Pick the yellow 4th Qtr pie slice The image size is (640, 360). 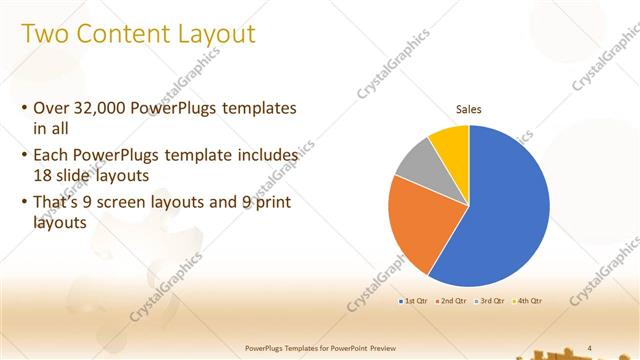452,140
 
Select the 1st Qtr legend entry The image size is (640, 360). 414,300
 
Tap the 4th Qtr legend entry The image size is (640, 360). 528,300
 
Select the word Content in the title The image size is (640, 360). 124,35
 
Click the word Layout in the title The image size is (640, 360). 218,35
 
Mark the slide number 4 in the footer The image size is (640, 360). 590,347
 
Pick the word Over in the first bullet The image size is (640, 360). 51,108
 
